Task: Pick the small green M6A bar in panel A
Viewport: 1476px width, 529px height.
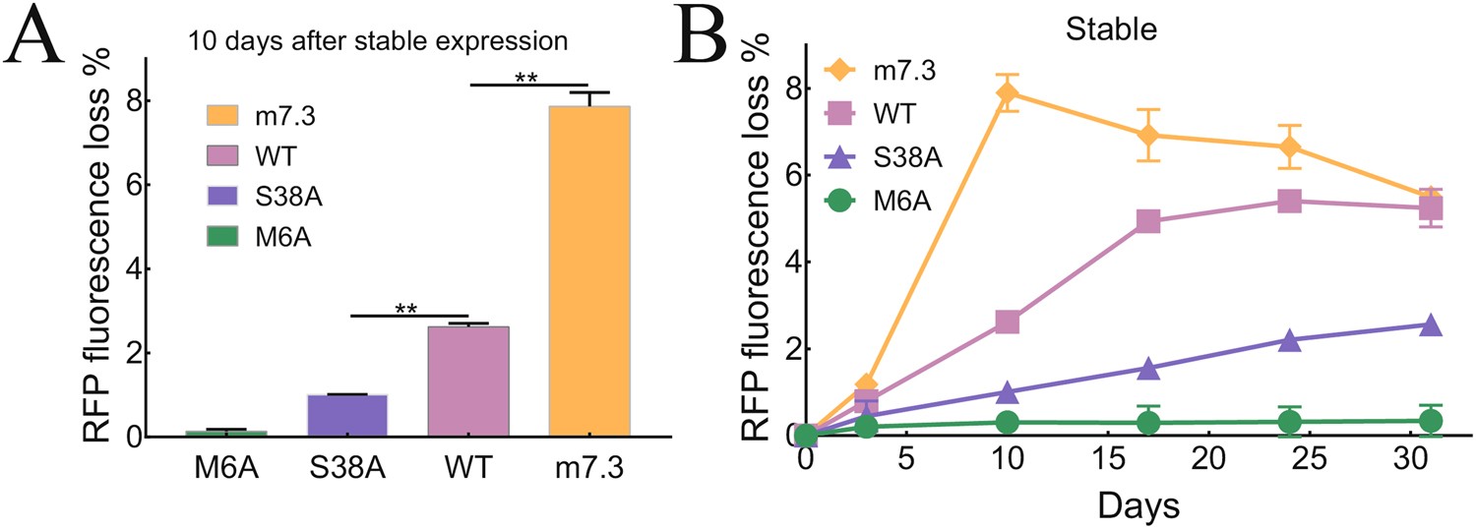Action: coord(227,433)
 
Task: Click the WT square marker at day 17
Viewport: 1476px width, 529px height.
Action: coord(1147,221)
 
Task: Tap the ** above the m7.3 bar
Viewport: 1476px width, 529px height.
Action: coord(526,77)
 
